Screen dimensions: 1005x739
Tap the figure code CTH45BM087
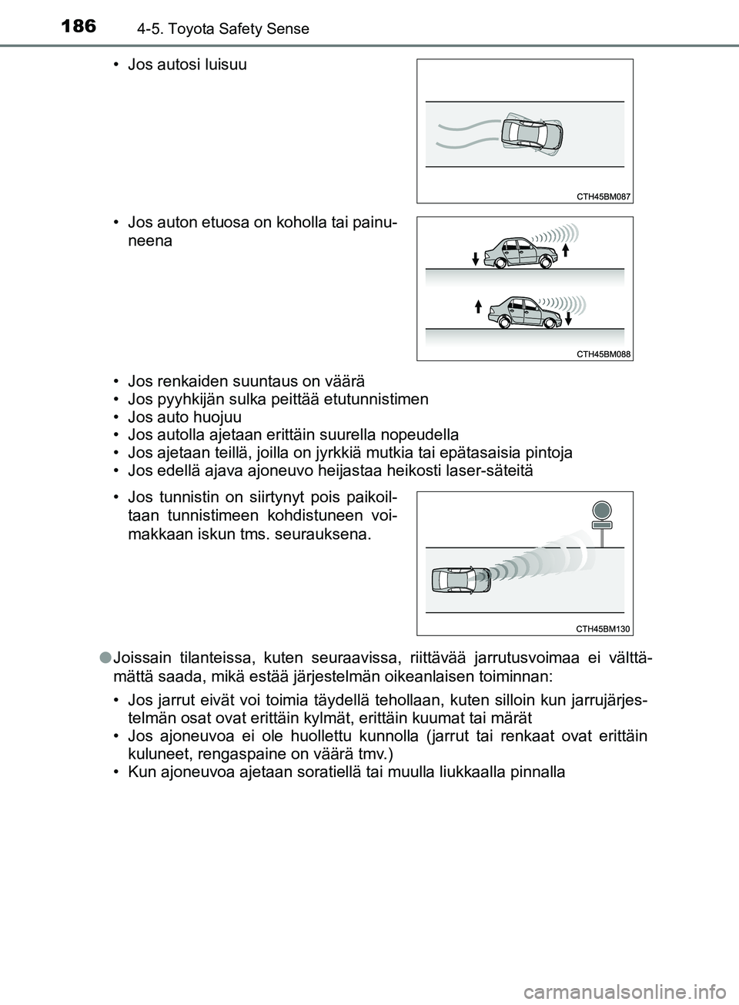[603, 196]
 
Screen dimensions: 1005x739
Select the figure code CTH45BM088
[603, 353]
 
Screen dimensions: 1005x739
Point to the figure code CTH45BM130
[603, 628]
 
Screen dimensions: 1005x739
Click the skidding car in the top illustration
[533, 136]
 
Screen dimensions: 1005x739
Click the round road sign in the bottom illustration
[601, 510]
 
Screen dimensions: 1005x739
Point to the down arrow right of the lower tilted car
[567, 318]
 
